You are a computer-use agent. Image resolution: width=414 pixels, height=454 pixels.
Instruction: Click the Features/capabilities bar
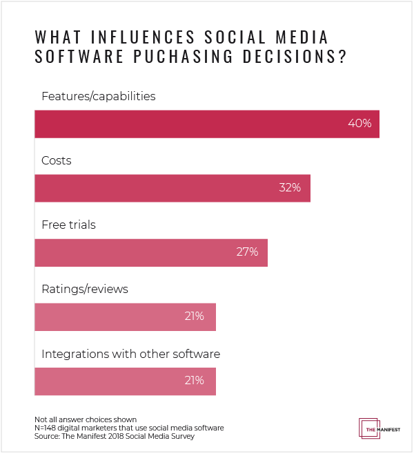pyautogui.click(x=207, y=124)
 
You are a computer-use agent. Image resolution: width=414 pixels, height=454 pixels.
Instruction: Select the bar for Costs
pyautogui.click(x=172, y=188)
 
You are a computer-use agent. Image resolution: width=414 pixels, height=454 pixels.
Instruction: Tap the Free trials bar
pyautogui.click(x=151, y=252)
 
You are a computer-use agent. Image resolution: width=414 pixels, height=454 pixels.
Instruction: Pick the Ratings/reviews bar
pyautogui.click(x=125, y=316)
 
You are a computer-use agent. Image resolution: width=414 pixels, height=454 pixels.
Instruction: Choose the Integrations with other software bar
pyautogui.click(x=125, y=381)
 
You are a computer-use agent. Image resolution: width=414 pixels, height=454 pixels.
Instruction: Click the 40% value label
pyautogui.click(x=359, y=124)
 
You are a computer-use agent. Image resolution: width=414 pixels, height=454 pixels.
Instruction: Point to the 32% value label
pyautogui.click(x=290, y=188)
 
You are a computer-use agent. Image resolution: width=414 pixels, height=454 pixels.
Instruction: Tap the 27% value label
pyautogui.click(x=247, y=252)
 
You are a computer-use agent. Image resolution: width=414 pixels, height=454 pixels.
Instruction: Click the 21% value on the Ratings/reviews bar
pyautogui.click(x=194, y=316)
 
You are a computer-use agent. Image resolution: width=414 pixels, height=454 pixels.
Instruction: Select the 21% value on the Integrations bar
pyautogui.click(x=194, y=381)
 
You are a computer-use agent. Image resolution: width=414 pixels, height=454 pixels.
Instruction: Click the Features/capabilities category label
pyautogui.click(x=99, y=96)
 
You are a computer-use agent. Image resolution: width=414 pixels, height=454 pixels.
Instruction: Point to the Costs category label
pyautogui.click(x=57, y=160)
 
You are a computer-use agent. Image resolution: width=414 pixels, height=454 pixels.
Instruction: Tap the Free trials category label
pyautogui.click(x=68, y=225)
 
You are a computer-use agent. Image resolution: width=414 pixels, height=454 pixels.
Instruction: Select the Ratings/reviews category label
pyautogui.click(x=85, y=289)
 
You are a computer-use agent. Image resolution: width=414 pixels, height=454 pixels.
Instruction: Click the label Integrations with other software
pyautogui.click(x=131, y=354)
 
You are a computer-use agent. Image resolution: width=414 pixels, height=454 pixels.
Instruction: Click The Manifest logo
pyautogui.click(x=376, y=429)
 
